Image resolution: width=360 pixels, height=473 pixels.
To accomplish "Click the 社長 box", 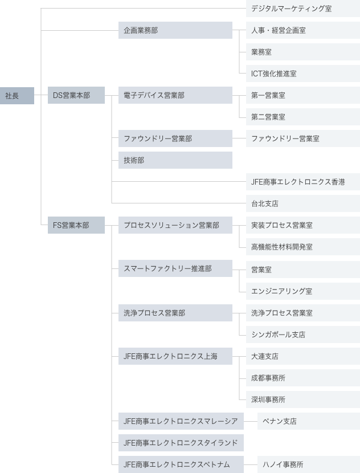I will (x=17, y=96).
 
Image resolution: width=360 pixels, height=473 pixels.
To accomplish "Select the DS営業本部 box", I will (x=76, y=96).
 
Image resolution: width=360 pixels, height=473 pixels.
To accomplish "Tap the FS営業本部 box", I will (x=76, y=225).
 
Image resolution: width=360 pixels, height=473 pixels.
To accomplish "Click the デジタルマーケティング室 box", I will (x=302, y=9).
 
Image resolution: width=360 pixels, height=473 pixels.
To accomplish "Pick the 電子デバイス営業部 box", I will (x=175, y=96).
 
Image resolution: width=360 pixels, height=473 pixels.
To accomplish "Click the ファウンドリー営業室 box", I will (x=302, y=138).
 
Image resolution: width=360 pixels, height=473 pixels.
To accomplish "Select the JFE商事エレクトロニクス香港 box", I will (x=302, y=182).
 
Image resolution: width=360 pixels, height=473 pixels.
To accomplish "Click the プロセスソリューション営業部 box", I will (x=175, y=225).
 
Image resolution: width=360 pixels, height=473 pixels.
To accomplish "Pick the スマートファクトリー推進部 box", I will (x=175, y=268).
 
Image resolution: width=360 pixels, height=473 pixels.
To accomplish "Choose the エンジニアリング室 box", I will (x=302, y=291).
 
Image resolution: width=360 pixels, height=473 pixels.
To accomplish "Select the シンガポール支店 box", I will (x=302, y=335).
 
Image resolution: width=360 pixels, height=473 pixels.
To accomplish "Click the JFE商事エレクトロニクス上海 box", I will (x=175, y=356).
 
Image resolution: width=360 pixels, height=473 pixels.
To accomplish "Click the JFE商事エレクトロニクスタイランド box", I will (x=181, y=443).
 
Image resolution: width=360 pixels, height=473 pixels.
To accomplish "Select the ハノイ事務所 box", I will (x=308, y=464).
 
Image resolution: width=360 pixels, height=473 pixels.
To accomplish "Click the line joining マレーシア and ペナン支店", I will (x=251, y=422).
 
